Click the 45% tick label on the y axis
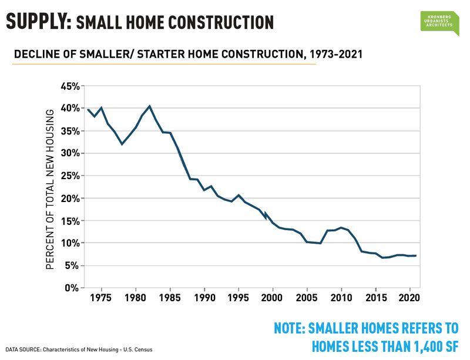70,86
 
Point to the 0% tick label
72,288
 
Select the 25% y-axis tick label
70,176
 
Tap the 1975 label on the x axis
102,298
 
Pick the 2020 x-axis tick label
409,298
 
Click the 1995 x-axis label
239,298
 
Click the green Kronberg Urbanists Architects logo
439,22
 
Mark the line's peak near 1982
150,106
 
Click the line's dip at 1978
122,144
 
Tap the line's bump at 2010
341,227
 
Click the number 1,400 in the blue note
401,345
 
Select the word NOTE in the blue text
293,328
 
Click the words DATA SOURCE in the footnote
25,350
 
